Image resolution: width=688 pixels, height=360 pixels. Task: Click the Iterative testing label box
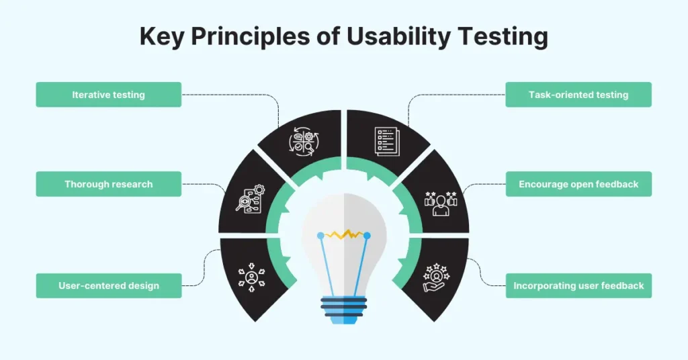pyautogui.click(x=108, y=94)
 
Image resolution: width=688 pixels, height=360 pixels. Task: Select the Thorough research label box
pyautogui.click(x=108, y=184)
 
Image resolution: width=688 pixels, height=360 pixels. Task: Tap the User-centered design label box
pyautogui.click(x=108, y=285)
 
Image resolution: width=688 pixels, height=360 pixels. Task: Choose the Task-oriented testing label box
pyautogui.click(x=578, y=94)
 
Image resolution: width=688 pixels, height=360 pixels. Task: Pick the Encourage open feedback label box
pyautogui.click(x=578, y=184)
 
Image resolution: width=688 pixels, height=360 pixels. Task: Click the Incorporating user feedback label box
pyautogui.click(x=578, y=285)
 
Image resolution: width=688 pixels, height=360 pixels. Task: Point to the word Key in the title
pyautogui.click(x=161, y=37)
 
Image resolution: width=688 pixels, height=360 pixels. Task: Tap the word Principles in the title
pyautogui.click(x=250, y=37)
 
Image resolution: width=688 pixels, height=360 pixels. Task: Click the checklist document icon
pyautogui.click(x=387, y=141)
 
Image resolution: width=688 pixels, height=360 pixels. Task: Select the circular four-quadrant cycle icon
pyautogui.click(x=304, y=142)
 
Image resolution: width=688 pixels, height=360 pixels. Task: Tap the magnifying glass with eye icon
pyautogui.click(x=250, y=199)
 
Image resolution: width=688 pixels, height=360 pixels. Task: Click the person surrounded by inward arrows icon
pyautogui.click(x=251, y=277)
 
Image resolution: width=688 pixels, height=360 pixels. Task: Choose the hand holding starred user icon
pyautogui.click(x=436, y=277)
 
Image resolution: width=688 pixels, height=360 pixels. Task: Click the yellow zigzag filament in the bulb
pyautogui.click(x=345, y=234)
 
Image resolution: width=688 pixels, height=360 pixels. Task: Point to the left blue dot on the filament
pyautogui.click(x=320, y=236)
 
